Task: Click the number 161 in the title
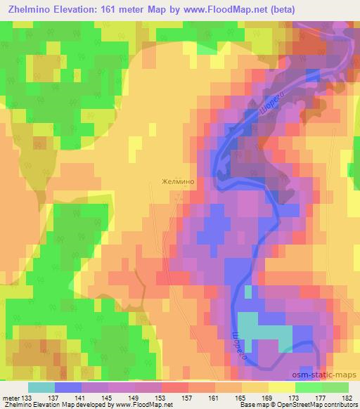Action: [x=133, y=9]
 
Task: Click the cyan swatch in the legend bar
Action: [x=41, y=388]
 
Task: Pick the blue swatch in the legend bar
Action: [x=68, y=388]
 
